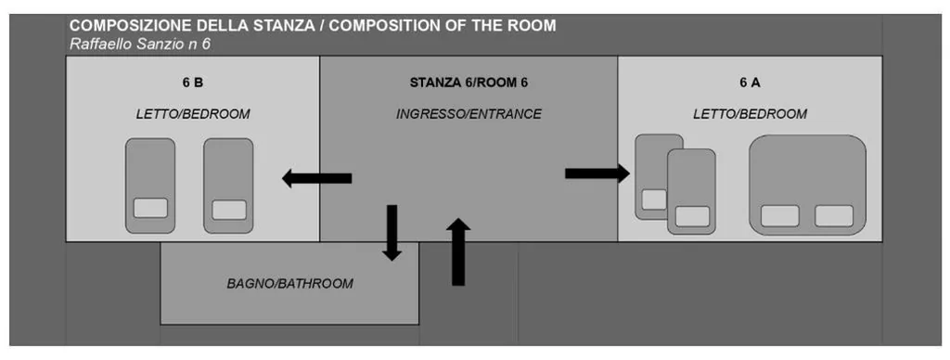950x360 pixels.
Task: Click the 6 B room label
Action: point(193,83)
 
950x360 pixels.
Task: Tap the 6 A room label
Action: point(750,83)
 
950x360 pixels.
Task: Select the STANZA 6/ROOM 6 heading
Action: point(469,83)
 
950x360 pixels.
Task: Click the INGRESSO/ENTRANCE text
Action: point(469,114)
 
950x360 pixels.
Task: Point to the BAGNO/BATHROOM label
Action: point(289,284)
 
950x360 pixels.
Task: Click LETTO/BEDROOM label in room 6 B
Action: point(193,114)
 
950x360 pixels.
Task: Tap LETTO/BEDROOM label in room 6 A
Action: point(750,114)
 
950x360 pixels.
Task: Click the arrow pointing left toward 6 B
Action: point(317,178)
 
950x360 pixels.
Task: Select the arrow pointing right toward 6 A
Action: point(597,174)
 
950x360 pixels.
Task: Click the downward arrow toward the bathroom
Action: point(392,233)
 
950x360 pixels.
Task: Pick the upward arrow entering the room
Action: point(458,251)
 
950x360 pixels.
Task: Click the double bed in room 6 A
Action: point(808,185)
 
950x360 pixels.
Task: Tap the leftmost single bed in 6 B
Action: point(150,186)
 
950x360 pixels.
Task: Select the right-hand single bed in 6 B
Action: point(228,186)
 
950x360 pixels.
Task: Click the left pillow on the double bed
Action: point(779,216)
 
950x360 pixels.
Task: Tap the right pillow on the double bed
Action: point(834,216)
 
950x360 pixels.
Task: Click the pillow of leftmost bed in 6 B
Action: point(150,208)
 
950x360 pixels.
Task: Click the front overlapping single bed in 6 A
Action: point(691,191)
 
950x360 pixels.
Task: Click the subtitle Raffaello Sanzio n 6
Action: point(140,45)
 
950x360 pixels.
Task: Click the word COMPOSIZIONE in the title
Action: point(124,26)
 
